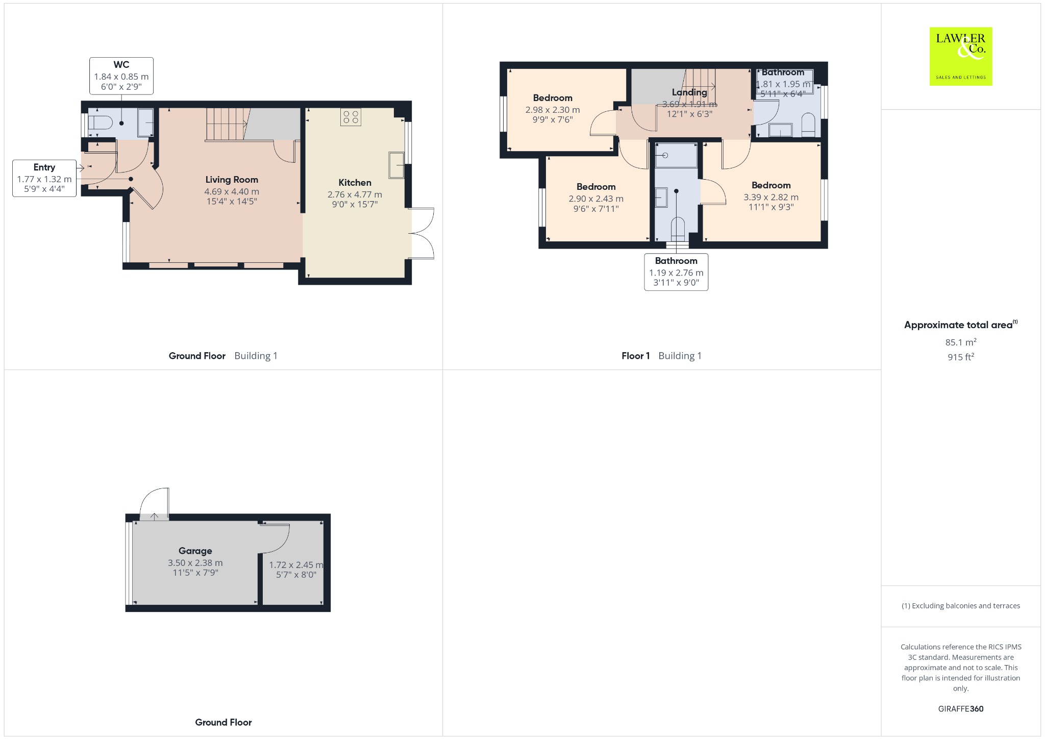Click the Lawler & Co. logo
(960, 56)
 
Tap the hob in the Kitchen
(351, 117)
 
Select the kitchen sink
(396, 165)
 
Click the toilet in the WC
(100, 123)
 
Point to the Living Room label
(232, 180)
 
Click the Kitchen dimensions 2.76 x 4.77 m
(355, 194)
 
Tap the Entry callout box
(44, 178)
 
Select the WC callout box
(121, 76)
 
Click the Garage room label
(195, 551)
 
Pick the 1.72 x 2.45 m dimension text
(296, 565)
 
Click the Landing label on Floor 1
(689, 92)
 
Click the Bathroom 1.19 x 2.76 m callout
(676, 272)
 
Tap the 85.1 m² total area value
(961, 342)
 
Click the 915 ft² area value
(961, 357)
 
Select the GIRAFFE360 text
(961, 709)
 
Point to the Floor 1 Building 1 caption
(661, 356)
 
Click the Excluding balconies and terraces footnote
(961, 606)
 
